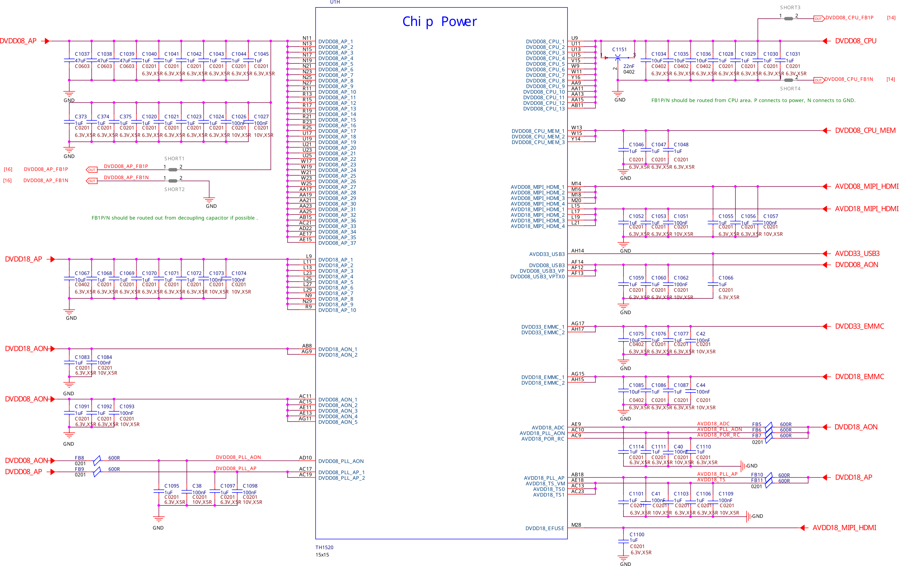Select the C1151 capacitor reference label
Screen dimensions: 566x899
[619, 50]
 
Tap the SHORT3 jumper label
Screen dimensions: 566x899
[790, 7]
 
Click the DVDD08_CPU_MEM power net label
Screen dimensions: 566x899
[865, 131]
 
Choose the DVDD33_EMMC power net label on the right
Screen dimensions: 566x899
[859, 327]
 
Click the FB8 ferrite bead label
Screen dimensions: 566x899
[79, 458]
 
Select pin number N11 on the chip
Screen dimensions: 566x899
[307, 38]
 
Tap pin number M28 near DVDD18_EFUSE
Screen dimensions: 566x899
[576, 525]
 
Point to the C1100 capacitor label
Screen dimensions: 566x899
[636, 534]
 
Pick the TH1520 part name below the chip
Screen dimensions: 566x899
[324, 547]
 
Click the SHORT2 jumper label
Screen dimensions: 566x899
[174, 190]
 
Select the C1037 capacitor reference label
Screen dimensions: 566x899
[82, 54]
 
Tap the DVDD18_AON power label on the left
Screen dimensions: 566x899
[26, 349]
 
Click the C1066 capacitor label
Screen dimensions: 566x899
[725, 278]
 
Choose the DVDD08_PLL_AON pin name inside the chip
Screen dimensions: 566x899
[341, 461]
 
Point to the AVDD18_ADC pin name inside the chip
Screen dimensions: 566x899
[548, 427]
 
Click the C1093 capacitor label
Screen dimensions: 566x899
[127, 407]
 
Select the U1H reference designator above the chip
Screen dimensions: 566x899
[334, 2]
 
